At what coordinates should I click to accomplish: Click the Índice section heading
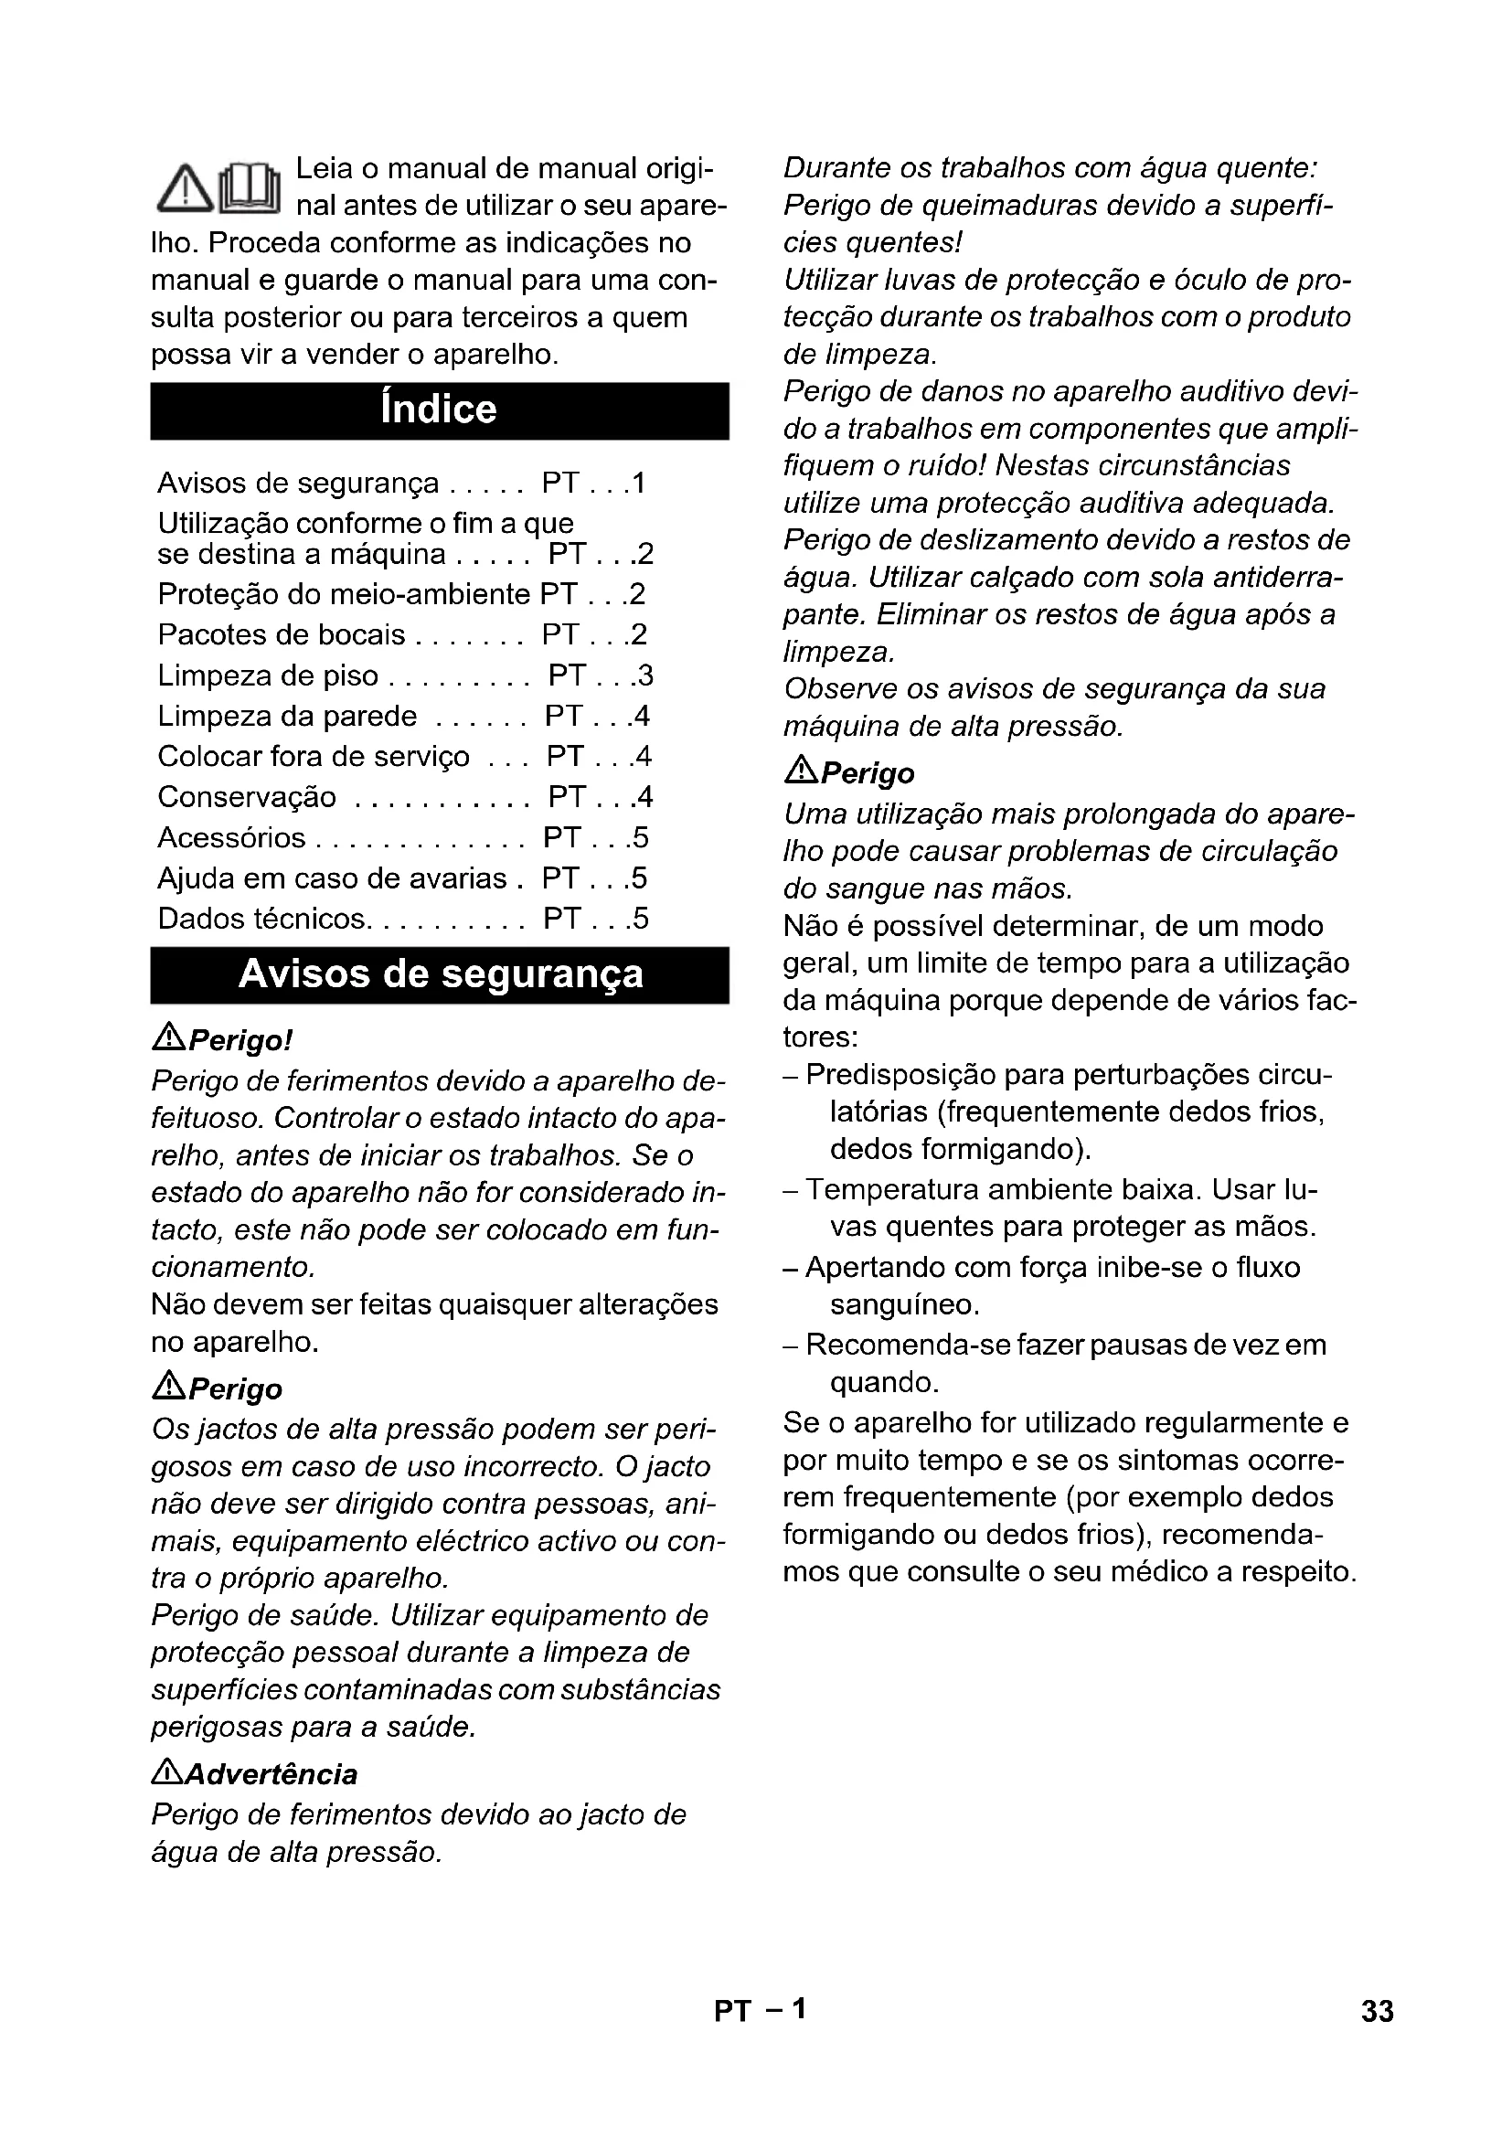pyautogui.click(x=439, y=410)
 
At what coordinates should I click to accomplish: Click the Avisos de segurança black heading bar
pyautogui.click(x=440, y=974)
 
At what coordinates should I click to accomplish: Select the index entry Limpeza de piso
pyautogui.click(x=268, y=675)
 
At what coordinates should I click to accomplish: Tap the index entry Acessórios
pyautogui.click(x=231, y=838)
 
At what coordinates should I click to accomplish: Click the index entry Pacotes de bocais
pyautogui.click(x=282, y=635)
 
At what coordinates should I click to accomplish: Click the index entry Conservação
pyautogui.click(x=247, y=797)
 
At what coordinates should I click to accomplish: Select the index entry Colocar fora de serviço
pyautogui.click(x=314, y=756)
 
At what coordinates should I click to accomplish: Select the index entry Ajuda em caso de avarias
pyautogui.click(x=333, y=878)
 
